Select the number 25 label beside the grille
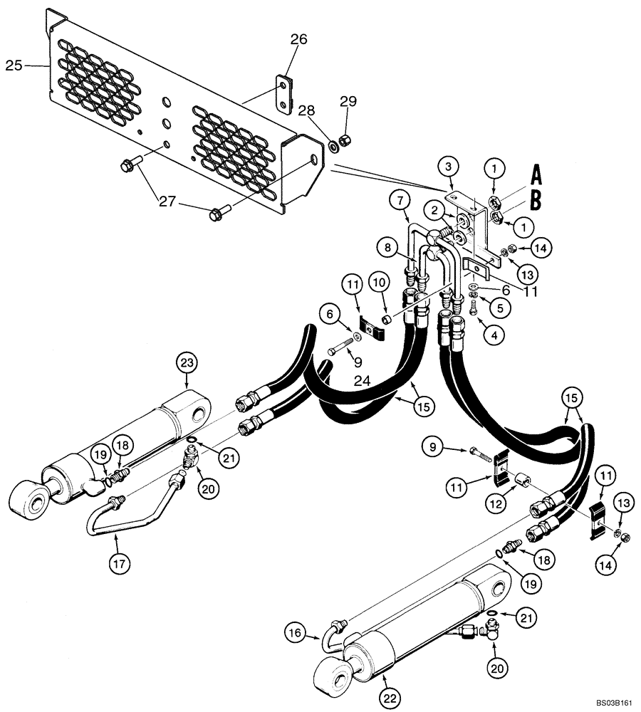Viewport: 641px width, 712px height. click(x=13, y=66)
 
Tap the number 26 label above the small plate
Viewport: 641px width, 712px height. click(x=298, y=40)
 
